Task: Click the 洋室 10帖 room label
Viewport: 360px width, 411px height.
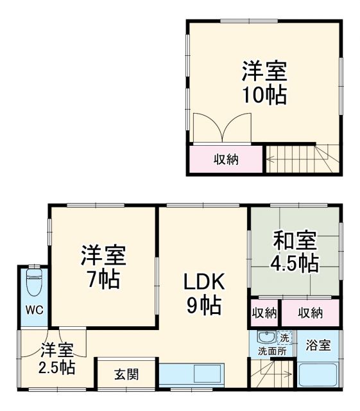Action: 264,83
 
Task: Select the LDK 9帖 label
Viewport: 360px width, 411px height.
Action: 203,292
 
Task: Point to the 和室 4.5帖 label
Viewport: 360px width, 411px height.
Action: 295,252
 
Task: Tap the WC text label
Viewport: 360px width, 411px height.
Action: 34,310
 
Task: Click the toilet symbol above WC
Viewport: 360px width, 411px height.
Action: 34,281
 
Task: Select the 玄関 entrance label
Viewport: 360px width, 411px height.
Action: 126,374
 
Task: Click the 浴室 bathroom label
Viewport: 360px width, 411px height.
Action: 318,345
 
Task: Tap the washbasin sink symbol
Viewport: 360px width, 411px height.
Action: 265,337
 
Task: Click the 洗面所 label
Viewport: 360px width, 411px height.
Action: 270,352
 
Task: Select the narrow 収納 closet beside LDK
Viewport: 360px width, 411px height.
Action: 264,313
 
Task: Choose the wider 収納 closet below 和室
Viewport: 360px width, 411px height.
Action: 311,313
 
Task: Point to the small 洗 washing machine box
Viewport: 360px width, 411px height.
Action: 284,337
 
